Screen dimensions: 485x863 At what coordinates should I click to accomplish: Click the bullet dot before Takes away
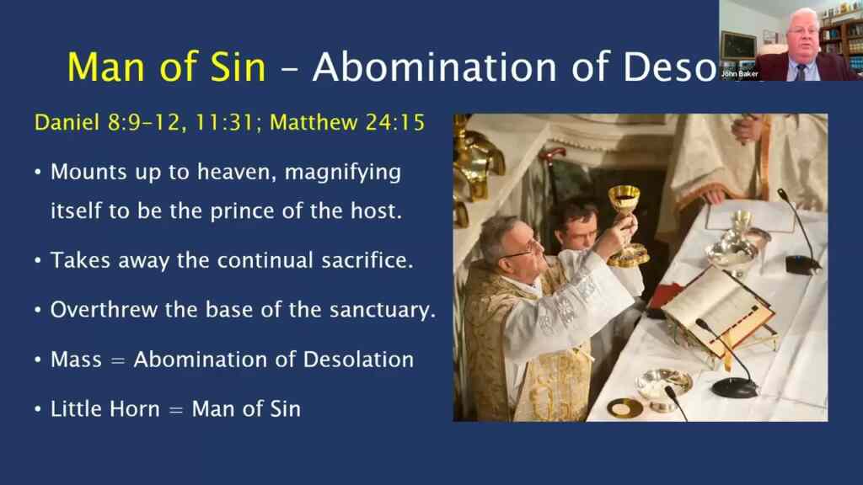tap(38, 261)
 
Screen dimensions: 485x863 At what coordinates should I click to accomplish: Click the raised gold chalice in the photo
tap(624, 211)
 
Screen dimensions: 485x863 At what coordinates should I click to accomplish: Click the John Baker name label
tap(739, 74)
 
